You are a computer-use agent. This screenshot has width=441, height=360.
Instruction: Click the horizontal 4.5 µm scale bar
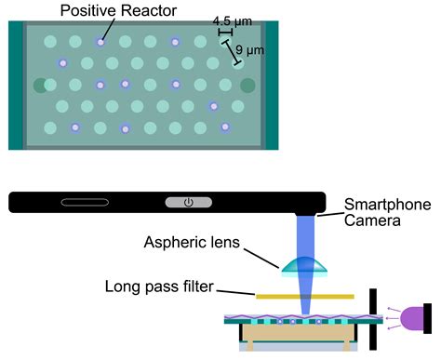click(224, 32)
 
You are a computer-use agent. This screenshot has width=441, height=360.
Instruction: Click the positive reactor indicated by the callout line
click(100, 42)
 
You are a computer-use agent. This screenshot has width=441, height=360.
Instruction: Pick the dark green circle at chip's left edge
click(39, 86)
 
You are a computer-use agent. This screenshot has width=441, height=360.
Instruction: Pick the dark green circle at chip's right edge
click(247, 86)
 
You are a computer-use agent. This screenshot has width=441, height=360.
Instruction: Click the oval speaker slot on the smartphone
click(86, 202)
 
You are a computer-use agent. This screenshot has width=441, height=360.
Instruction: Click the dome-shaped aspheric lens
click(305, 265)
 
